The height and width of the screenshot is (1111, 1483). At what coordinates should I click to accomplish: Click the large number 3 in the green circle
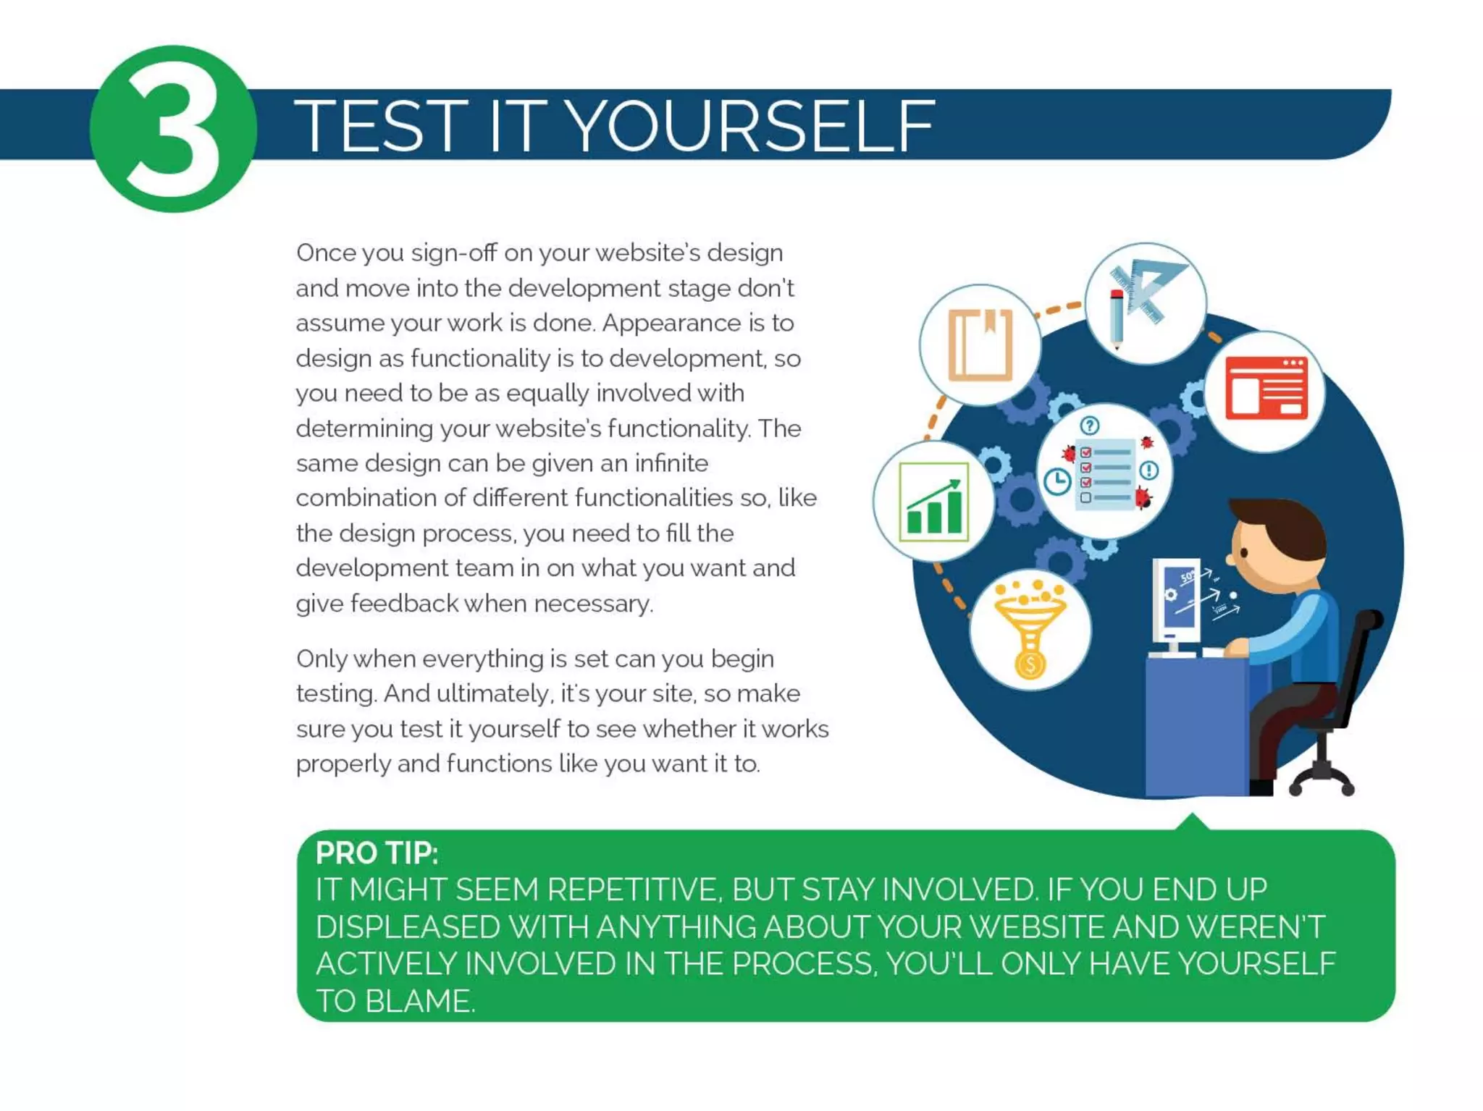click(173, 128)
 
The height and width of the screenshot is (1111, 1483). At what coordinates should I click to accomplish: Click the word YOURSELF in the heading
click(749, 127)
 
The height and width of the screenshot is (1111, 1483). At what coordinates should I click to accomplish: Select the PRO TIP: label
click(377, 853)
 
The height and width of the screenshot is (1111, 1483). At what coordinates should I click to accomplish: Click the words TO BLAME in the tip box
click(395, 1001)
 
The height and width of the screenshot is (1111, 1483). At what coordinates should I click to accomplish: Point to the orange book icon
click(980, 345)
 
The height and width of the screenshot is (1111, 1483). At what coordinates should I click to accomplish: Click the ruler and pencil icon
click(1144, 303)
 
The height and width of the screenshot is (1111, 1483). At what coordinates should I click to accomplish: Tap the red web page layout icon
click(1266, 389)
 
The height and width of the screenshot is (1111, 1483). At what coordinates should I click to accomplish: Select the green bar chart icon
click(933, 502)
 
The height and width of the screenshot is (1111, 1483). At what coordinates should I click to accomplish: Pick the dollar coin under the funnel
click(1030, 663)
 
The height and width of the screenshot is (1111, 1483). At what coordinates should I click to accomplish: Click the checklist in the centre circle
click(1104, 474)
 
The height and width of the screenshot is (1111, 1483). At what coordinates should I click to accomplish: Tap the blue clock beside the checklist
click(1057, 481)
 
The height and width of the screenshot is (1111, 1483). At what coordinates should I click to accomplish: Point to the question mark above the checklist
click(1089, 425)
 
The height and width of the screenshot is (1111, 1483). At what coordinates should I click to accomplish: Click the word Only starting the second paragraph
click(322, 659)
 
